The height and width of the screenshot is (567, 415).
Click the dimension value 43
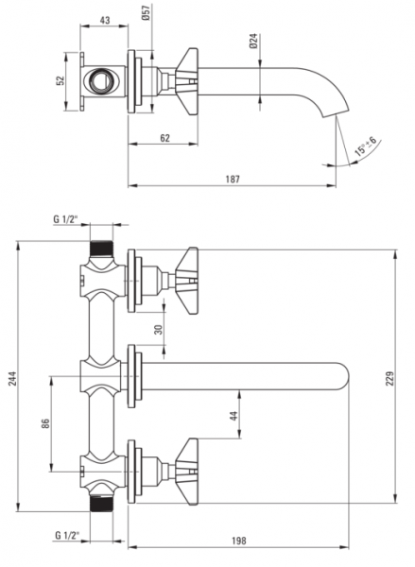[x=105, y=20]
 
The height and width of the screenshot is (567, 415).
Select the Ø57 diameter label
[x=147, y=13]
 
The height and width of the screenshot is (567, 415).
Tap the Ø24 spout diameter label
[x=253, y=41]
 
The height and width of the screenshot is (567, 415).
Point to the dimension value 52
[x=61, y=80]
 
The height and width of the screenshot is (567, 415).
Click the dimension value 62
[x=164, y=138]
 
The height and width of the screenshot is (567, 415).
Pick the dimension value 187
[x=233, y=179]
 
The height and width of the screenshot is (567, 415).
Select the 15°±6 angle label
[x=366, y=146]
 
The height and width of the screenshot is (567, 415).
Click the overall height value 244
[x=13, y=378]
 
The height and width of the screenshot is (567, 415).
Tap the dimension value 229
[x=389, y=378]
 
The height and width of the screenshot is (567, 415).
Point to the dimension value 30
[x=159, y=330]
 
